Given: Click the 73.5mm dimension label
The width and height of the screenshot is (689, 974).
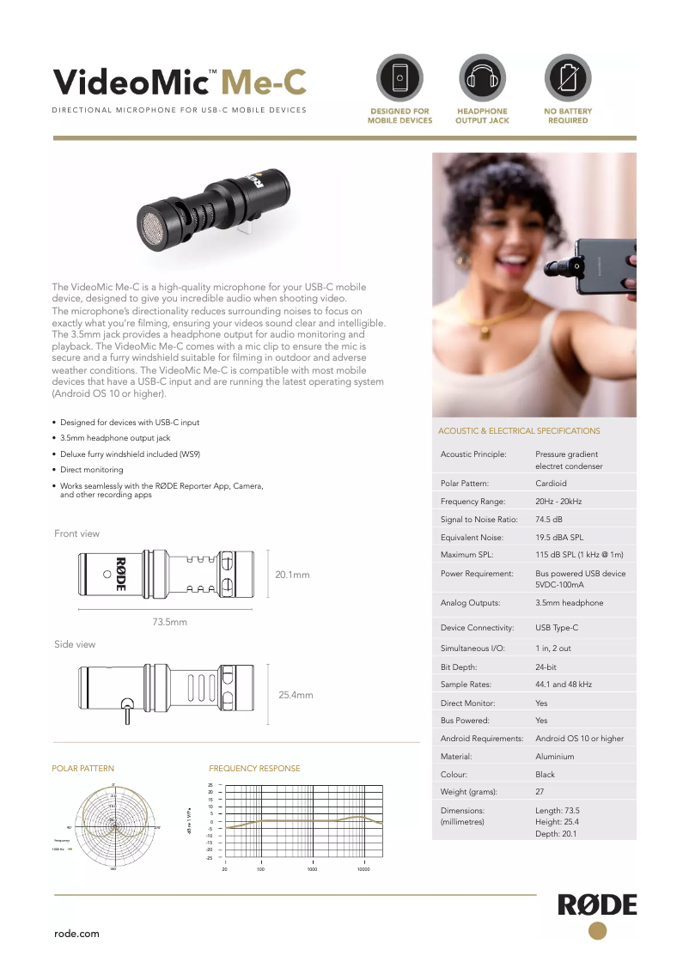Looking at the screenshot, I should (169, 621).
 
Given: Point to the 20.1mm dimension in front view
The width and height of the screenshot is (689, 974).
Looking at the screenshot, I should (292, 574).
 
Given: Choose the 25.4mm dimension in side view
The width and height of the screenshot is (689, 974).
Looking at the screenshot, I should (296, 695).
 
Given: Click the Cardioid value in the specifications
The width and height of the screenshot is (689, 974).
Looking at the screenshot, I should (551, 484).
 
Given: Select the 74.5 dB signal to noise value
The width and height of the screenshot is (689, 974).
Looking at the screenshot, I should (549, 520).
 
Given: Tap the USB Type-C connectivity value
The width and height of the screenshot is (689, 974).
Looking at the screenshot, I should (557, 628).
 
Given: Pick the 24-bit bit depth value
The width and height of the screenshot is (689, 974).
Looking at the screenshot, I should (546, 667).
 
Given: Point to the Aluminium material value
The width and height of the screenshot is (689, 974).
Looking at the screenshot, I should (554, 757).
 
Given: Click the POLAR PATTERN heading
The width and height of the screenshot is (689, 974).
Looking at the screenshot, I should (83, 769).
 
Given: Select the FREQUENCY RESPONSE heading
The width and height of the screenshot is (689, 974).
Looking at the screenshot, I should (254, 769).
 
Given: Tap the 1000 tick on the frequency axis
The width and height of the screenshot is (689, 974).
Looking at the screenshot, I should (312, 869).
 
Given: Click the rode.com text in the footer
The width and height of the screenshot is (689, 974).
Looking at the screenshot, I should (76, 934).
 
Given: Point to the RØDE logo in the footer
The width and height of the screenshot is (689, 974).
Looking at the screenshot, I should (598, 905).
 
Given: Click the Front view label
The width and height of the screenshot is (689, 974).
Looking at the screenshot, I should (76, 533).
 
